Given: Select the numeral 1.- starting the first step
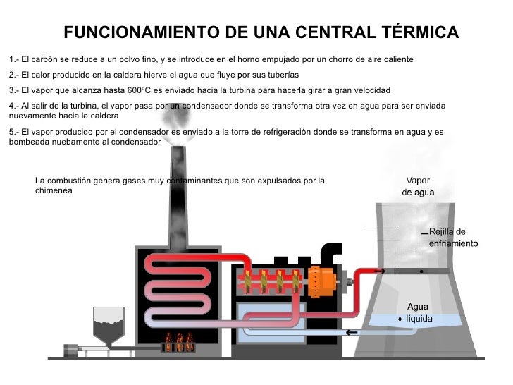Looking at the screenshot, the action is click(x=13, y=59).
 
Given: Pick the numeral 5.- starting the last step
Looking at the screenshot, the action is click(x=13, y=131).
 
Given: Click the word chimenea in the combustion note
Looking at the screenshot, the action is click(x=54, y=191).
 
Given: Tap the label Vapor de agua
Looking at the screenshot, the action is click(x=418, y=186).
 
